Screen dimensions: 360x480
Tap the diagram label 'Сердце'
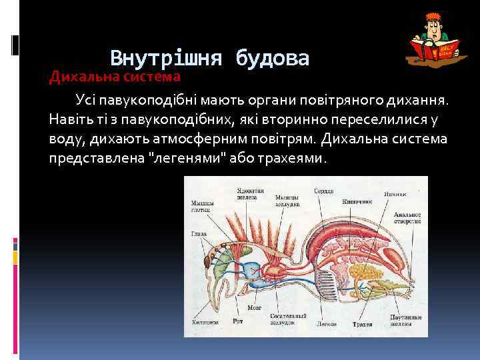[x=325, y=191]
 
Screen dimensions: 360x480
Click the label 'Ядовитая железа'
[x=250, y=193]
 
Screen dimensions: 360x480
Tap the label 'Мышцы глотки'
[x=203, y=205]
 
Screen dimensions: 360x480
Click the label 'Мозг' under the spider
[x=253, y=309]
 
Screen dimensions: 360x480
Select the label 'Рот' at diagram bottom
[x=238, y=321]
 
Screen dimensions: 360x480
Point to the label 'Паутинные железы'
[x=406, y=319]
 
